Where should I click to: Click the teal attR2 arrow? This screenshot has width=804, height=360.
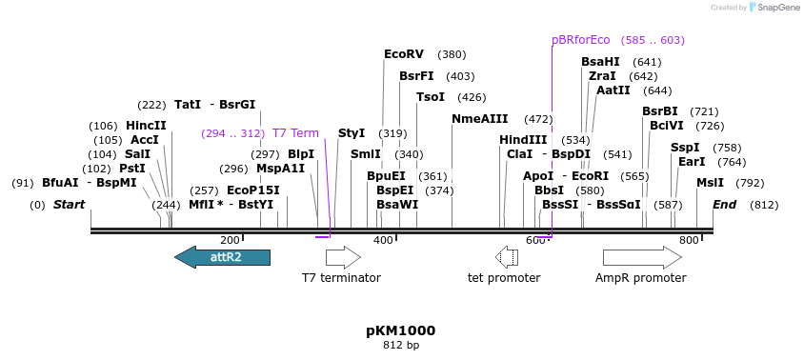pos(222,257)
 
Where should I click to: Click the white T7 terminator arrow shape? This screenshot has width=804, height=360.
pos(343,257)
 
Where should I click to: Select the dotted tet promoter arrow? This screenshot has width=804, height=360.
pos(506,257)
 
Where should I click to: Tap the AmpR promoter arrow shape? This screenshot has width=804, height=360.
pos(641,257)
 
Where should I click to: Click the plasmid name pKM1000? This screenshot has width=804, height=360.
pos(400,330)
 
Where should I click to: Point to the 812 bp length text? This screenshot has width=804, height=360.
pos(400,345)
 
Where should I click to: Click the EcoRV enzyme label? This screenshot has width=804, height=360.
pos(403,54)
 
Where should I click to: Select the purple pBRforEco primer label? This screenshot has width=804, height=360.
pos(580,40)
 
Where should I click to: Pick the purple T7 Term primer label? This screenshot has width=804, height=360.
pos(295,133)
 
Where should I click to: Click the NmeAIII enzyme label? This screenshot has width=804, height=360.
pos(479,119)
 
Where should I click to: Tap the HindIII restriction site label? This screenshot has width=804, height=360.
pos(523,140)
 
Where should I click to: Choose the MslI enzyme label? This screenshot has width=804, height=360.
pos(710,183)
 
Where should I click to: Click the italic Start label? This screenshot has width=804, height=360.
pos(69,205)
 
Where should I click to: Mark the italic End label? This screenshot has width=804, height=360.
pos(724,205)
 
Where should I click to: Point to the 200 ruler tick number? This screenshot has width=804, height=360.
pos(230,241)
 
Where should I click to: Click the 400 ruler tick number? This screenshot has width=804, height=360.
pos(382,241)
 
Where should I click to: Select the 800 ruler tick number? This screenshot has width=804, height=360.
pos(688,241)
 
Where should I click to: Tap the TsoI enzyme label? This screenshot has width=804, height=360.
pos(431,97)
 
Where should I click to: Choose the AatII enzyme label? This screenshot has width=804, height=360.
pos(613,90)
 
